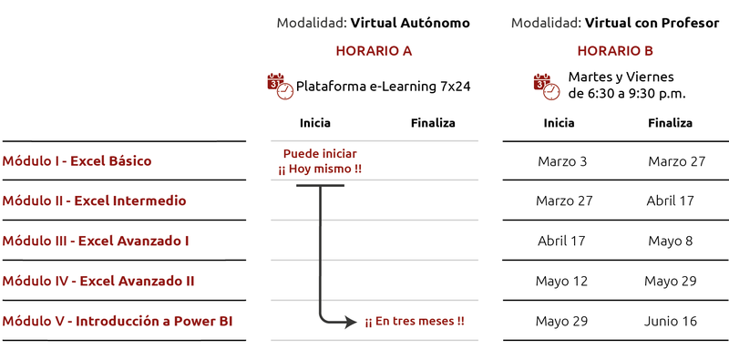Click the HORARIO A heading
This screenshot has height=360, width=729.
coord(374,51)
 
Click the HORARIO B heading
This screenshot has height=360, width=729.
coord(615,51)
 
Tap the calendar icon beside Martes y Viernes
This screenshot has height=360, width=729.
coord(545,87)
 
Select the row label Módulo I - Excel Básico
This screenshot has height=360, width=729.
coord(77,161)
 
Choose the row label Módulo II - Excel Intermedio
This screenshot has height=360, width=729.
coord(94,201)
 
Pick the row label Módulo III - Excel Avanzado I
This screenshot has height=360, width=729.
coord(96,241)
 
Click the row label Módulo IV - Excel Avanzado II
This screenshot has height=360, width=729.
coord(98,281)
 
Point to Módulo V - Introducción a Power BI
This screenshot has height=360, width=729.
coord(117,321)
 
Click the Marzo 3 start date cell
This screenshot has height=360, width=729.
coord(562,161)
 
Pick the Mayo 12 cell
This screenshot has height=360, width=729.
coord(562,281)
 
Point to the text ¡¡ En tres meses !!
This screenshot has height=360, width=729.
coord(415,322)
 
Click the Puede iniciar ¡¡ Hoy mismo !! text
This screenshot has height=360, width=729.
coord(320,161)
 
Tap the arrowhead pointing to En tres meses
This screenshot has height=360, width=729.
coord(352,322)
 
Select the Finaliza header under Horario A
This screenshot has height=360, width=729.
coord(433,123)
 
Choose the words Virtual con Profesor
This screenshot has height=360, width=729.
coord(652,22)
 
